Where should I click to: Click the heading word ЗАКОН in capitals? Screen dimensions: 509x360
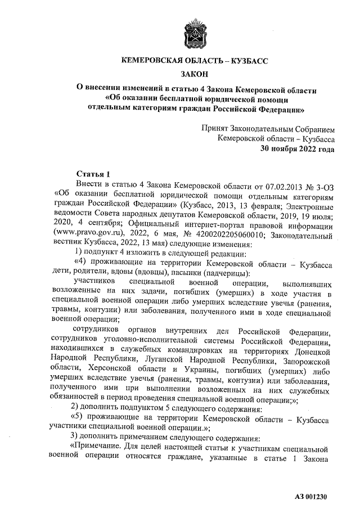196,74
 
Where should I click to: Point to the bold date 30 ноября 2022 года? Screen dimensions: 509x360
298,149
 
